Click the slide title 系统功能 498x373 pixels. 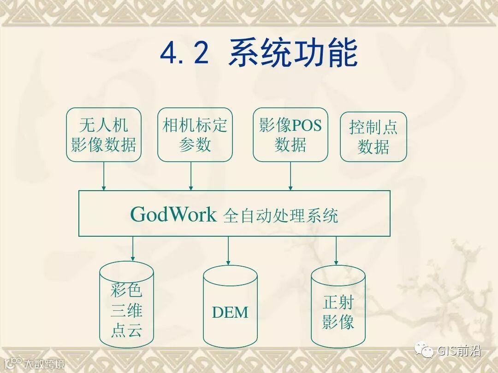point(293,53)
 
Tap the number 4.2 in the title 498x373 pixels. point(184,54)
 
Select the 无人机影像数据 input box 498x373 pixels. point(103,134)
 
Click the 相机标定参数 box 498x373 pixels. point(195,134)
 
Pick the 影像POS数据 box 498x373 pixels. point(290,134)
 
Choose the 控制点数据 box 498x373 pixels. point(373,137)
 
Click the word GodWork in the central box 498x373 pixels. point(173,215)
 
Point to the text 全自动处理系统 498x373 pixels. point(280,216)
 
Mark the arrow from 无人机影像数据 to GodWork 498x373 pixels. point(104,176)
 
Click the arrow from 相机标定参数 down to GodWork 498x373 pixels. point(191,176)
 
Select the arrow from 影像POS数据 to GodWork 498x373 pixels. point(290,176)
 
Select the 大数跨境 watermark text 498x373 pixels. point(44,364)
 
